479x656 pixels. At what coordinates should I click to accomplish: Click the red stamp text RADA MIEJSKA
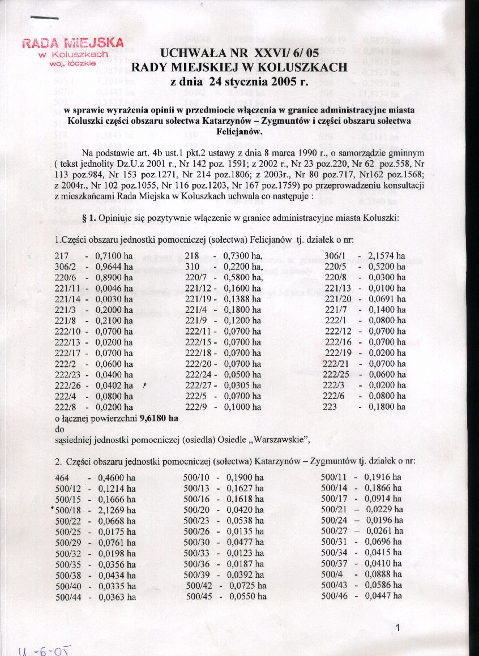tap(72, 44)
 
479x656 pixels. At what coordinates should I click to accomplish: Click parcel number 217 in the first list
tap(62, 256)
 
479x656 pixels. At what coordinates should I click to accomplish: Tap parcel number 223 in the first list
tap(331, 406)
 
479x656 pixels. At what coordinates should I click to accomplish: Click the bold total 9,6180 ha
tap(156, 418)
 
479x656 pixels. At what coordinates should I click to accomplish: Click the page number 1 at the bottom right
tap(399, 627)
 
